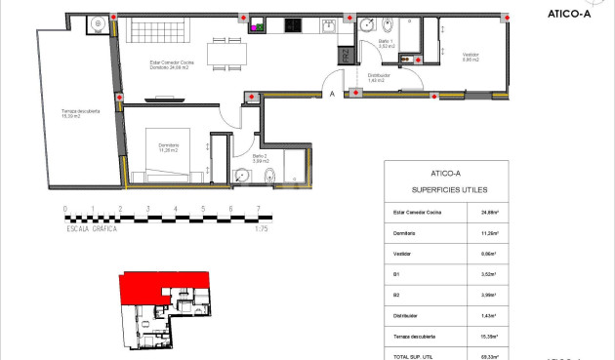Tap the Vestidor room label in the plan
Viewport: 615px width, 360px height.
471,57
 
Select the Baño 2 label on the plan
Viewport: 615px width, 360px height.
259,157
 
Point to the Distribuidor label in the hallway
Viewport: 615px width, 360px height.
380,77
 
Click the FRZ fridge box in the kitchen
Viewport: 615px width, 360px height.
345,56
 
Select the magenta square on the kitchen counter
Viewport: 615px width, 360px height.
254,27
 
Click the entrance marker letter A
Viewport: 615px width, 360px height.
333,95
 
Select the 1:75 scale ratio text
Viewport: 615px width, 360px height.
260,230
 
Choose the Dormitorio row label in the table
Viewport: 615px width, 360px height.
405,233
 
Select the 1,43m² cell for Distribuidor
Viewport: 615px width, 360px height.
489,316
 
